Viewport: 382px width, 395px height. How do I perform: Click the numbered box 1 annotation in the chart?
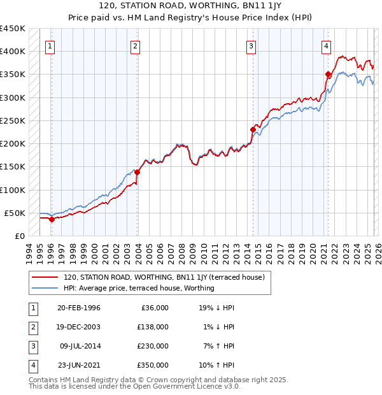pos(50,46)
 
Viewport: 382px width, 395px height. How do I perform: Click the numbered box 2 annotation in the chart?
pos(136,46)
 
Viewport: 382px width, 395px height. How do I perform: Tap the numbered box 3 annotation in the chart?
pos(251,46)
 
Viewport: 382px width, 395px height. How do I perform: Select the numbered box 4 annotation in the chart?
pos(326,46)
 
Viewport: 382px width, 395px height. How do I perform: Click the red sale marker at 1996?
pos(52,219)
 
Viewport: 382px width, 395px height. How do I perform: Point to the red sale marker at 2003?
pos(137,172)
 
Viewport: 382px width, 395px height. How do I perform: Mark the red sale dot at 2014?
pos(253,129)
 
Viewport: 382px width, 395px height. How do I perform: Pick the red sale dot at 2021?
pos(328,74)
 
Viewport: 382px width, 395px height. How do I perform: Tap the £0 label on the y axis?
pos(19,236)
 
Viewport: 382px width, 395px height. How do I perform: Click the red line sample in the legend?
pos(45,277)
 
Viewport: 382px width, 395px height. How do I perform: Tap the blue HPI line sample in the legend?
pos(45,288)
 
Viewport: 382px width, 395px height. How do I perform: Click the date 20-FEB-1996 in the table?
pos(78,308)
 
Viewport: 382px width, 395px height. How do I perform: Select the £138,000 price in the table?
pos(153,327)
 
